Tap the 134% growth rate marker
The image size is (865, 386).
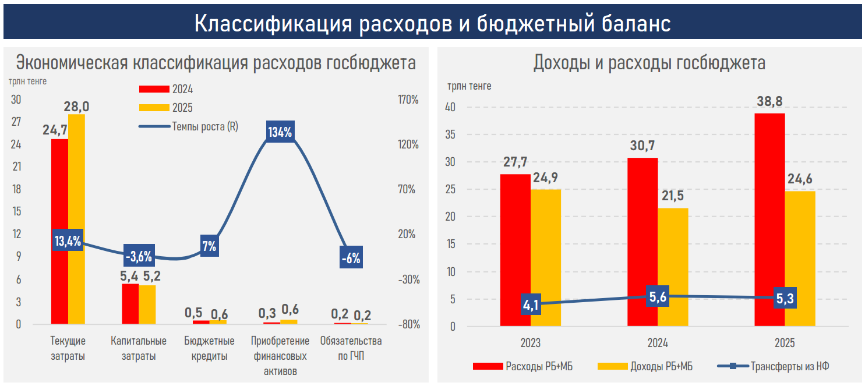click(x=280, y=132)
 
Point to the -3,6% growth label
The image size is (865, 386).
click(x=139, y=256)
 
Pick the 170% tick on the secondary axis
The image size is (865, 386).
click(x=408, y=100)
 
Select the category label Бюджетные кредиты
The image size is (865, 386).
click(x=209, y=348)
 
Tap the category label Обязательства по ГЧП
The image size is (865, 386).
click(x=351, y=348)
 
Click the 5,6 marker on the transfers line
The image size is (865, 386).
click(x=658, y=296)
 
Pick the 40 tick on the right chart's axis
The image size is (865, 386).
click(x=451, y=108)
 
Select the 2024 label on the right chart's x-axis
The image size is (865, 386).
click(x=658, y=342)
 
